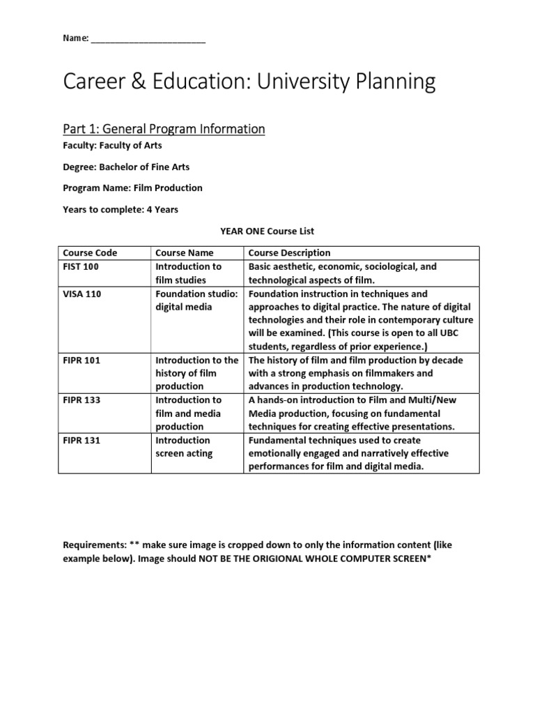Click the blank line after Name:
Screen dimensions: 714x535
click(148, 40)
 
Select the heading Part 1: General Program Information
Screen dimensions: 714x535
click(164, 129)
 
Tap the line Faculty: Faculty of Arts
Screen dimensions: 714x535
click(112, 146)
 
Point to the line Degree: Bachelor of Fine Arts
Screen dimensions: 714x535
click(126, 167)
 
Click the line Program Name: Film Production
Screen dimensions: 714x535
click(132, 188)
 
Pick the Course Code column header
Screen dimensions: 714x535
click(90, 252)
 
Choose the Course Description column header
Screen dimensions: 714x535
click(289, 252)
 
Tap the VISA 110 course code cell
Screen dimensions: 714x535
click(82, 294)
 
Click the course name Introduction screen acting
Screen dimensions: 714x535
click(184, 447)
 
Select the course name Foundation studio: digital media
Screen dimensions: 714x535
click(196, 301)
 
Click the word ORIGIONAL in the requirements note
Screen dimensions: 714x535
click(278, 559)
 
